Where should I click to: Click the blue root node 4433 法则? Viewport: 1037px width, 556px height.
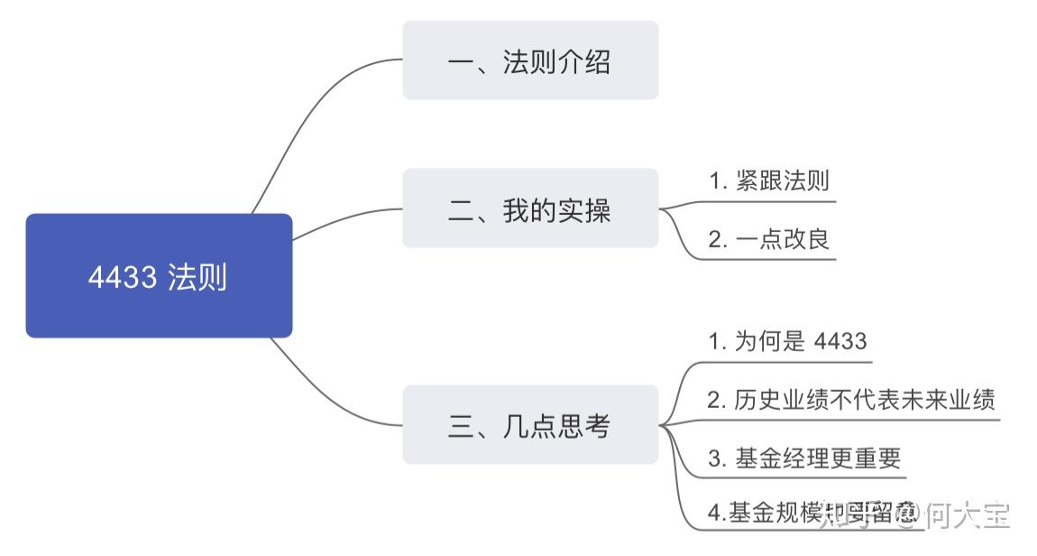coord(159,276)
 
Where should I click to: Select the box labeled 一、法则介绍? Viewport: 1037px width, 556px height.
coord(530,60)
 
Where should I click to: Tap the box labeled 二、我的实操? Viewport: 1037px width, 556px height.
coord(530,208)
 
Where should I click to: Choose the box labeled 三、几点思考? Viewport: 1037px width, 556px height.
coord(530,425)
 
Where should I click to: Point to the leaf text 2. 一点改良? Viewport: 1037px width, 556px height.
coord(768,239)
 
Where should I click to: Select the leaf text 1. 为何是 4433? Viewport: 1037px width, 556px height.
coord(787,341)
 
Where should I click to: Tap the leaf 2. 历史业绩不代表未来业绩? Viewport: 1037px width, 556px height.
coord(850,400)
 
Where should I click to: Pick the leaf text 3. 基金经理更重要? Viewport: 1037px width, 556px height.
coord(804,459)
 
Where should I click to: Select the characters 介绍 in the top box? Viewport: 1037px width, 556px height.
coord(583,61)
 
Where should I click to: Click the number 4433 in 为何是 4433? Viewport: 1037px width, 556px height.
coord(840,341)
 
